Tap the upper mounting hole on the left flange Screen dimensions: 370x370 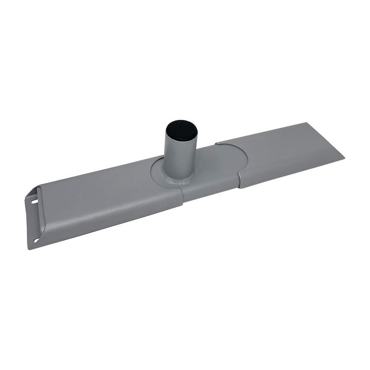pos(34,202)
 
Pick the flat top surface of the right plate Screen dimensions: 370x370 pos(285,147)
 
